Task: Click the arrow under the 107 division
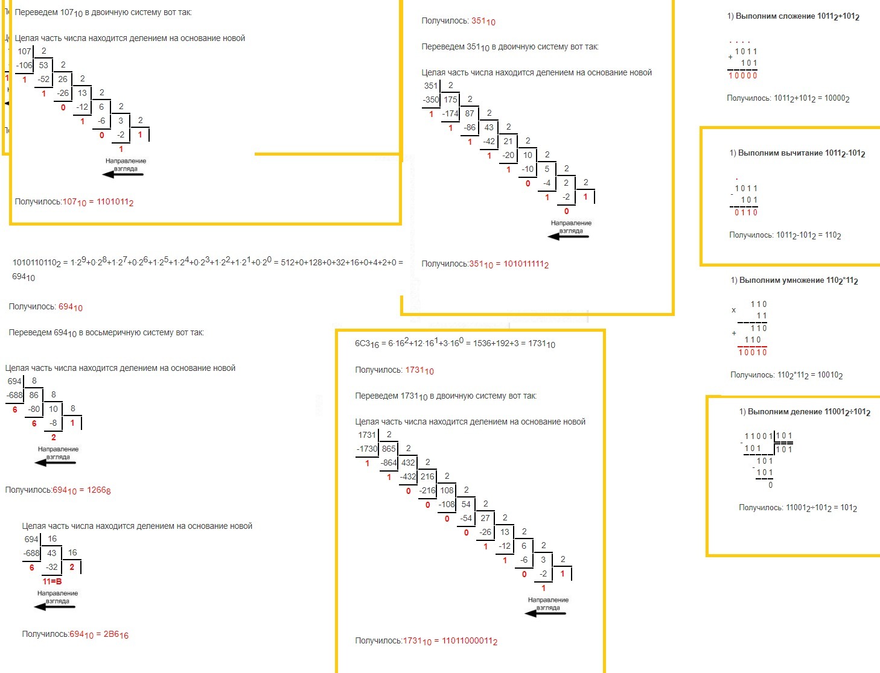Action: pos(123,174)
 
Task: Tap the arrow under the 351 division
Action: pos(569,236)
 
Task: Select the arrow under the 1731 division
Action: pos(546,613)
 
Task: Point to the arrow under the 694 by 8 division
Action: pos(56,463)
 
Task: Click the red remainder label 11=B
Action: pos(52,581)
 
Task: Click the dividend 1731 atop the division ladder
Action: pos(367,435)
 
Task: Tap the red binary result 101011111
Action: pos(526,264)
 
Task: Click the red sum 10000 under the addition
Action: pos(743,75)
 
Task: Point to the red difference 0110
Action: pos(745,212)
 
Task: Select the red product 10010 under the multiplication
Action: pos(753,352)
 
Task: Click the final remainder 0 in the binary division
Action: pos(771,485)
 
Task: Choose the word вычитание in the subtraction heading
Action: pos(800,153)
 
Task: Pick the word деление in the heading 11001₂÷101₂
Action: pos(805,412)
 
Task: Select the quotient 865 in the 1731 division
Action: pos(389,449)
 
